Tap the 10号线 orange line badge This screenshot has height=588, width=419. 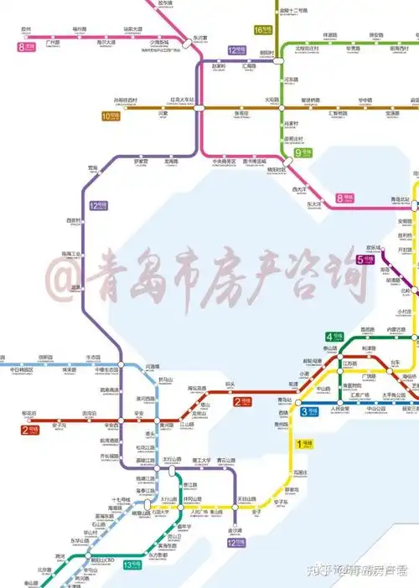click(x=111, y=116)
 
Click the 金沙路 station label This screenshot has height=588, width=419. click(x=235, y=529)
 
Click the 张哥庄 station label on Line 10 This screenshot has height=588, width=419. click(x=241, y=112)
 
